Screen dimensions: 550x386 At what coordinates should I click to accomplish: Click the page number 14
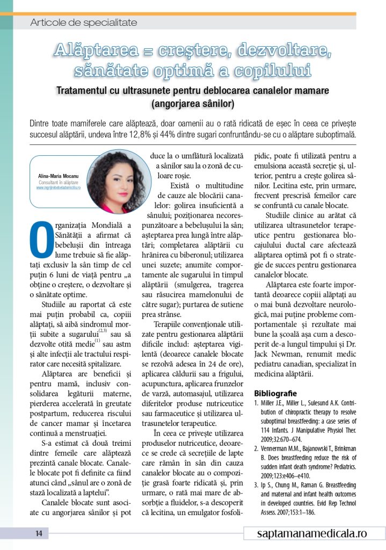(x=39, y=533)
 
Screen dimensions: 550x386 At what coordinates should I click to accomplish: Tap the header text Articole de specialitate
(x=84, y=23)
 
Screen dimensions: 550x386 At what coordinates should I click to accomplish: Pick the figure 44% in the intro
(x=247, y=134)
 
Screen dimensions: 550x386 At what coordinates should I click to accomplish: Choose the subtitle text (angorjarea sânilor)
(x=193, y=103)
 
